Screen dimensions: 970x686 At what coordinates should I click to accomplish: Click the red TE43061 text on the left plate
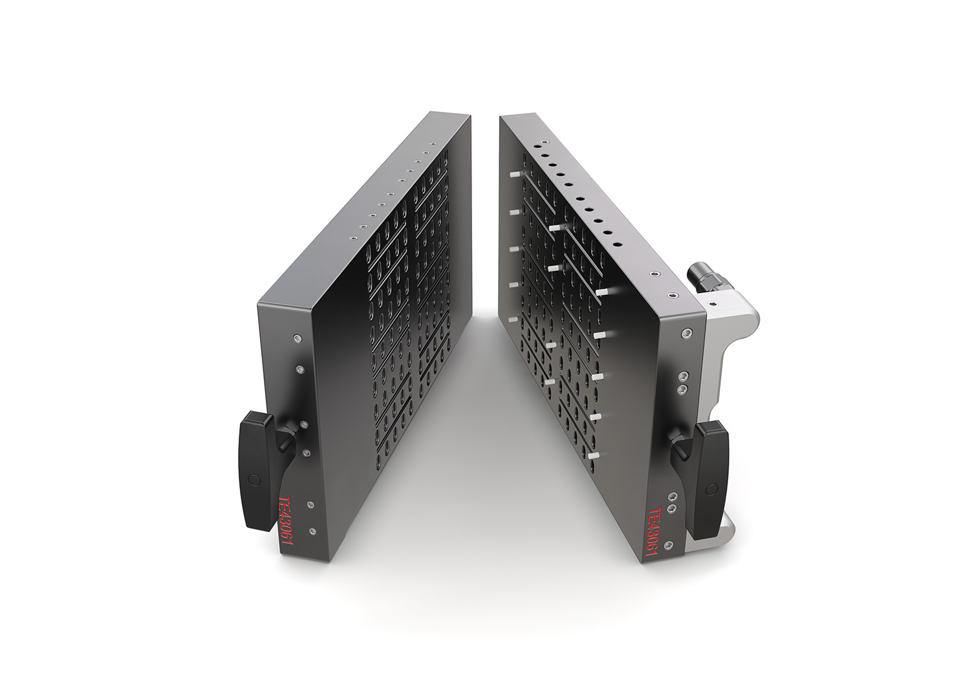click(286, 527)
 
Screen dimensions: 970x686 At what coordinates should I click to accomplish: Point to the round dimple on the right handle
click(711, 489)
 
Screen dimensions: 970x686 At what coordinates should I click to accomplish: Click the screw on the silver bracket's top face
click(712, 303)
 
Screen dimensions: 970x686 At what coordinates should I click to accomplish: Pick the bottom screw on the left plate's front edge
click(312, 531)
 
